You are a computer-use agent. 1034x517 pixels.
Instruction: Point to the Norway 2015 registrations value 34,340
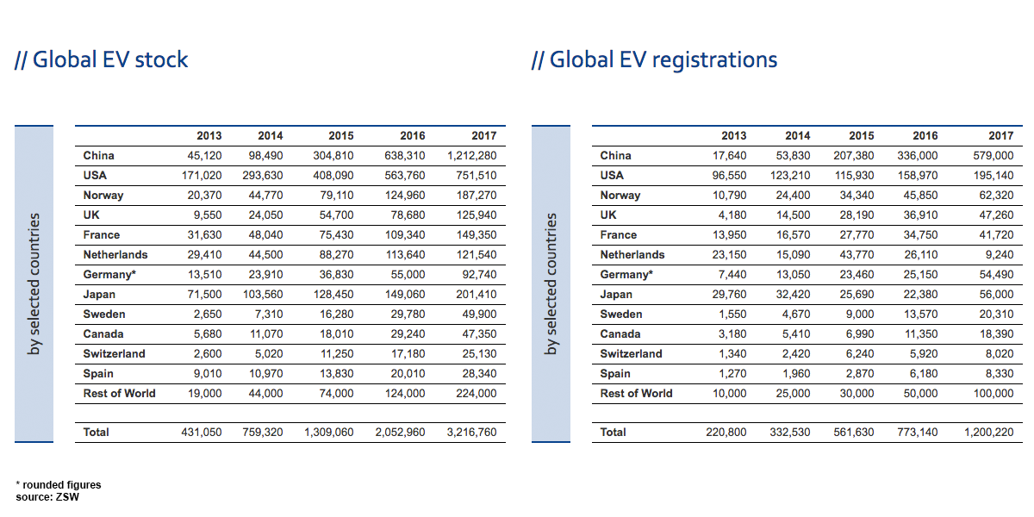[x=856, y=196]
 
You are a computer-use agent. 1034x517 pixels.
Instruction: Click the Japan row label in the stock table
[x=99, y=295]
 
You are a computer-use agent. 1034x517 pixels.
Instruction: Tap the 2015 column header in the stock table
[x=340, y=136]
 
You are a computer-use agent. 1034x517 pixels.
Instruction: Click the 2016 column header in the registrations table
[x=925, y=136]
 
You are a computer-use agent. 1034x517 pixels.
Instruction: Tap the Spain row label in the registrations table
[x=615, y=374]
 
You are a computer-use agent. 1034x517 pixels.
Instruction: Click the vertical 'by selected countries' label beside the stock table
[x=34, y=283]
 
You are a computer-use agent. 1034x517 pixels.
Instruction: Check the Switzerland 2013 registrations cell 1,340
[x=730, y=354]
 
